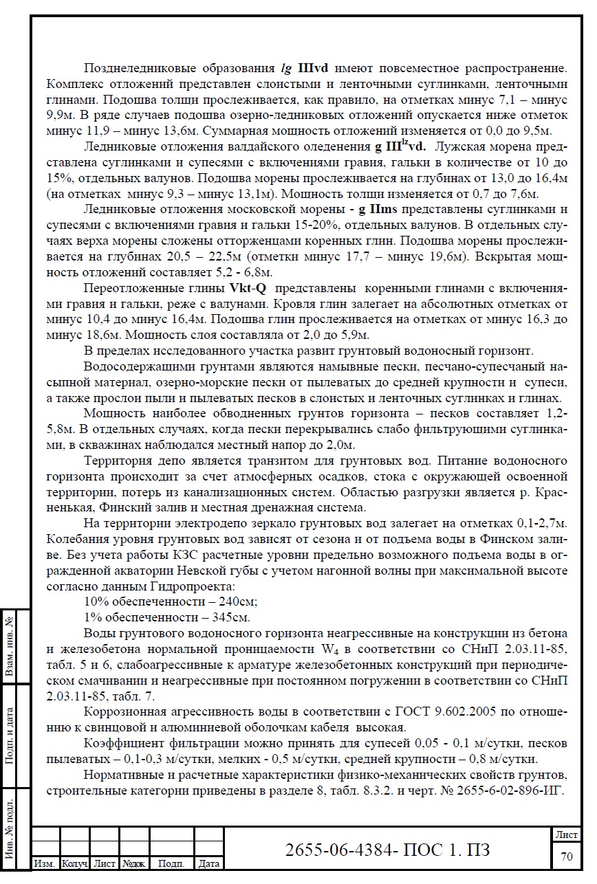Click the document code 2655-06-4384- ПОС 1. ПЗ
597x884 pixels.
[388, 850]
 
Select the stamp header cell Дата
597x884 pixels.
[208, 863]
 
